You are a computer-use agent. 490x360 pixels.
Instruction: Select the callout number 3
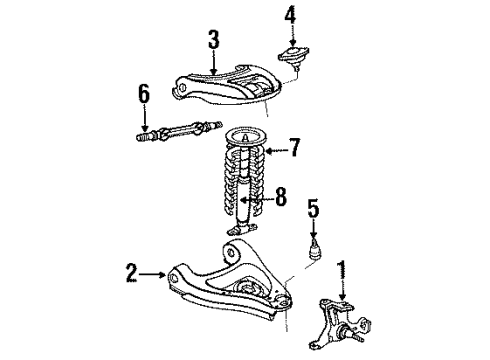[213, 40]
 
